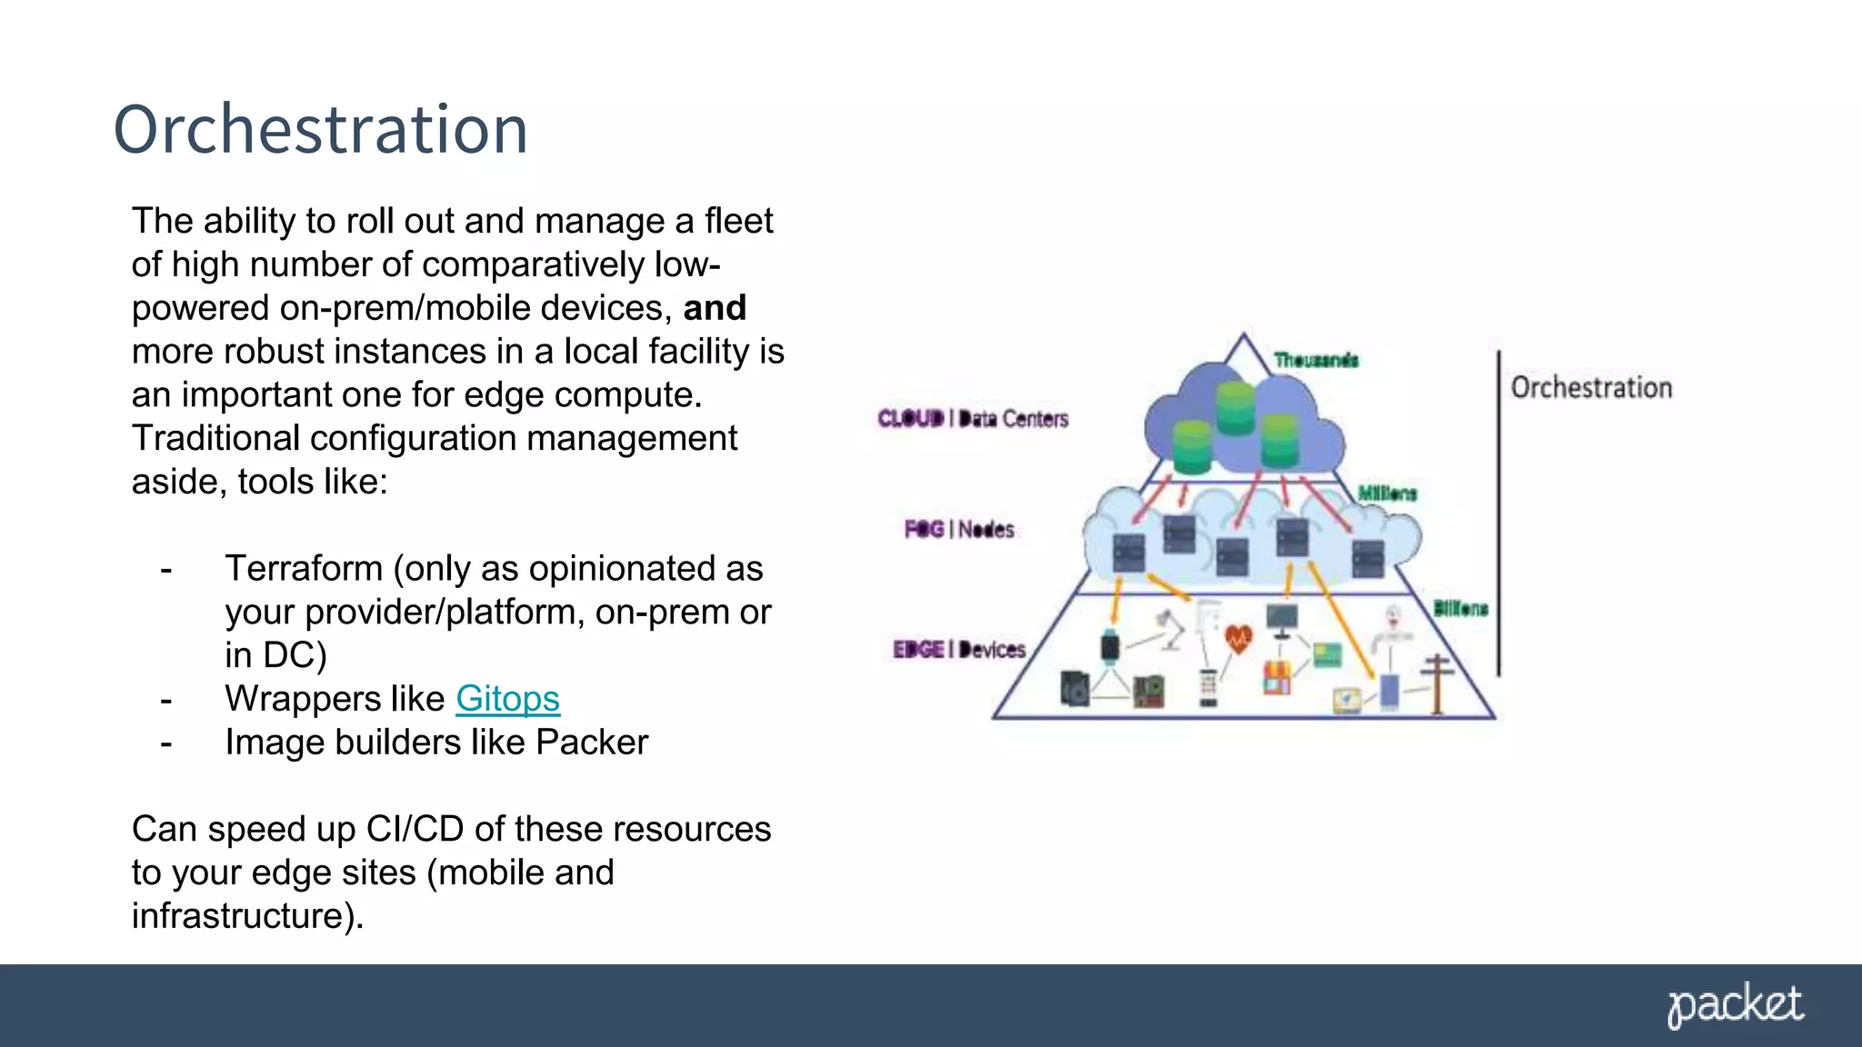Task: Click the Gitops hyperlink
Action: tap(507, 699)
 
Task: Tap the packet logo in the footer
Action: tap(1735, 1006)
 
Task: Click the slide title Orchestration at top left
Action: tap(320, 129)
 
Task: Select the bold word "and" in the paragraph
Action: tap(715, 308)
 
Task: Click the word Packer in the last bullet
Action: tap(592, 743)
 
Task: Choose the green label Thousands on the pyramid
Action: tap(1316, 360)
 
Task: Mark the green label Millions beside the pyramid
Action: tap(1387, 494)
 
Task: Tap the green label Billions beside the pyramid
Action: tap(1460, 608)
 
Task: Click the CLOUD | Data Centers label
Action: tap(973, 418)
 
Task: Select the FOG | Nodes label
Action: tap(959, 529)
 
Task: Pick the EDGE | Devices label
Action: tap(959, 649)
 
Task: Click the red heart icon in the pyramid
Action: tap(1238, 639)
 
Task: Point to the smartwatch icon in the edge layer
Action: tap(1110, 646)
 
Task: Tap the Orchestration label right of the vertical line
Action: tap(1591, 388)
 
